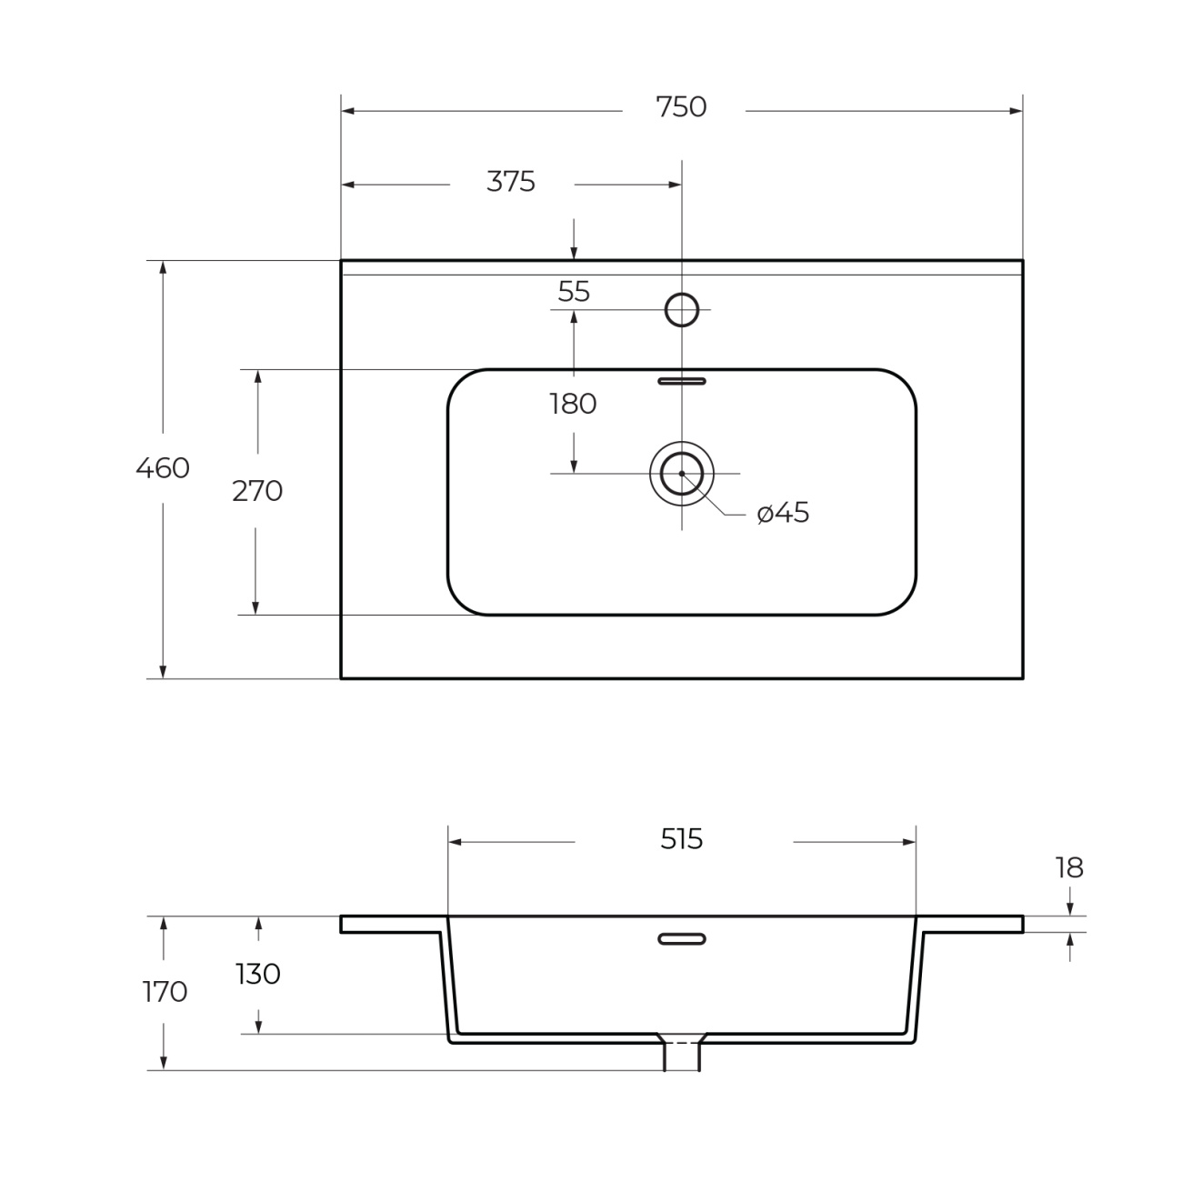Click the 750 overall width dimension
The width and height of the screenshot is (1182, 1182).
(x=681, y=107)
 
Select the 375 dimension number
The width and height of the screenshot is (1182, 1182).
(x=510, y=182)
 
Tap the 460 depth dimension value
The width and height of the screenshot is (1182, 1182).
(x=163, y=468)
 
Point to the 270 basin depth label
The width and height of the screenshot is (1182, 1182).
(x=257, y=491)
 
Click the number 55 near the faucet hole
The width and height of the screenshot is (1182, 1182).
(x=574, y=292)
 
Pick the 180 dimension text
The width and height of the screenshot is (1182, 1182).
(x=573, y=405)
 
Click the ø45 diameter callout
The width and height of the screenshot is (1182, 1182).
(x=783, y=513)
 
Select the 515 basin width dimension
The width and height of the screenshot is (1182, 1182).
(x=682, y=840)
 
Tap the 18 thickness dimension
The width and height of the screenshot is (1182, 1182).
(x=1069, y=868)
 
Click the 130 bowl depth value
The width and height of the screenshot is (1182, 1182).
(x=258, y=974)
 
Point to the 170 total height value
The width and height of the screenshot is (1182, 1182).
(x=165, y=992)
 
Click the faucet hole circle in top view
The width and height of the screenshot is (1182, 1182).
(x=682, y=294)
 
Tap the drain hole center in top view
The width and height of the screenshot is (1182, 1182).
(x=682, y=474)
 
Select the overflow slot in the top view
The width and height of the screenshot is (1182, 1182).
(x=682, y=382)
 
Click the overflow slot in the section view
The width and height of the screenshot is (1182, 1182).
(x=682, y=938)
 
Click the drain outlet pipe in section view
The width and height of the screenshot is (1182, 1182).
(x=682, y=1055)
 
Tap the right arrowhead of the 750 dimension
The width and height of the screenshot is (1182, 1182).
(x=1016, y=111)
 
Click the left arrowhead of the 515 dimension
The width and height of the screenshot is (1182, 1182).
(x=455, y=842)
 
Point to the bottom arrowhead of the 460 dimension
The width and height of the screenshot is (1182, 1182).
(x=163, y=672)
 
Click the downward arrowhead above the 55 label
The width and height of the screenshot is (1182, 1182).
(x=574, y=253)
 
